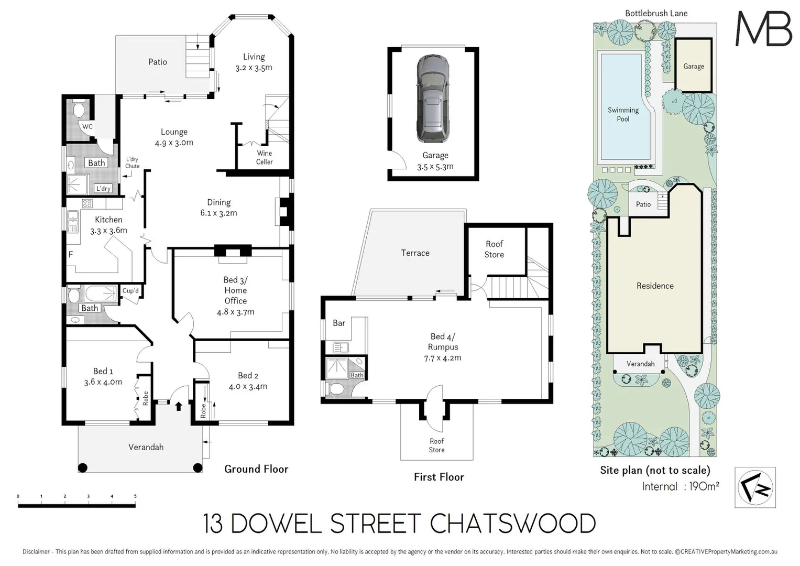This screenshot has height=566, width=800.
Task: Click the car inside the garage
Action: [x=433, y=99]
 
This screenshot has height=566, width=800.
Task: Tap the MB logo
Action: [x=763, y=29]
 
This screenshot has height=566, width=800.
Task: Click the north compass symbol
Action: [x=755, y=487]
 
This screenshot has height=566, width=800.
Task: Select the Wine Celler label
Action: [x=264, y=158]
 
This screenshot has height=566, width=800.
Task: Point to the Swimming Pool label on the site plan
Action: [x=623, y=114]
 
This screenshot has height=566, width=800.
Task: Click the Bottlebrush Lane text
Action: [x=656, y=13]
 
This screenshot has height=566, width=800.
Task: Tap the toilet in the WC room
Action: [x=79, y=111]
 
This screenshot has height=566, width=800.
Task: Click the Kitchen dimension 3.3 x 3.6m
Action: [x=108, y=231]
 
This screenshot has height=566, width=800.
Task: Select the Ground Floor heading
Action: [x=256, y=469]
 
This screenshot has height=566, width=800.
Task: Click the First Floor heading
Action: [x=439, y=477]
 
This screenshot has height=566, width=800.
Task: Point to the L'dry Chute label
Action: [x=132, y=162]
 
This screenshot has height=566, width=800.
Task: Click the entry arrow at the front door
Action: [x=179, y=406]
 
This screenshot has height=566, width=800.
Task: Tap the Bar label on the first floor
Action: [x=339, y=323]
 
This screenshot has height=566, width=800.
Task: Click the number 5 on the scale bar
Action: [x=135, y=496]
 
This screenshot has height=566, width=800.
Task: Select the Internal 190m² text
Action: [x=681, y=486]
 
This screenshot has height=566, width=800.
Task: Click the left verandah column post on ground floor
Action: [x=83, y=468]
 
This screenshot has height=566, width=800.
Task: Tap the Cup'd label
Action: [x=130, y=291]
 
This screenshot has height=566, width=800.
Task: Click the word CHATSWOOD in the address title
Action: [x=512, y=524]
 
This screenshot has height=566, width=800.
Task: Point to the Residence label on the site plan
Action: [x=655, y=286]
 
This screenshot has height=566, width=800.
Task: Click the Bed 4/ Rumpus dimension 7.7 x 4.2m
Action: [x=443, y=358]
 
